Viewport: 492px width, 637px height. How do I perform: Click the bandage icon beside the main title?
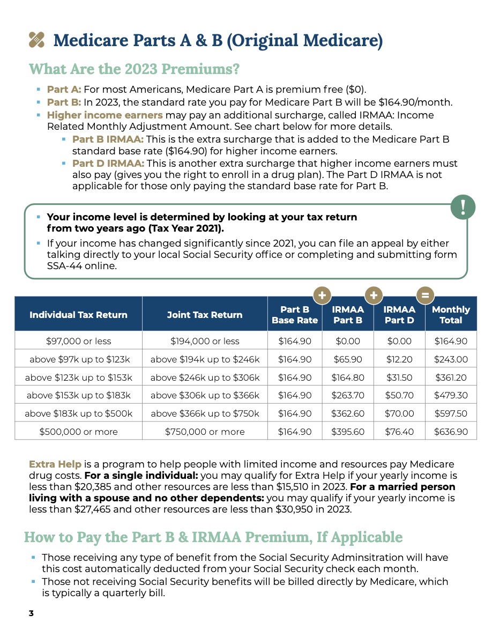pyautogui.click(x=36, y=40)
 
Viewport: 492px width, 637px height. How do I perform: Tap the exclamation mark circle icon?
pyautogui.click(x=463, y=206)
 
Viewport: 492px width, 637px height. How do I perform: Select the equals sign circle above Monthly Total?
pyautogui.click(x=425, y=295)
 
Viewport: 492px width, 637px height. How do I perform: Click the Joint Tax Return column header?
pyautogui.click(x=205, y=315)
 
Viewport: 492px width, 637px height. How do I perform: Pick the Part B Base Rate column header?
pyautogui.click(x=295, y=315)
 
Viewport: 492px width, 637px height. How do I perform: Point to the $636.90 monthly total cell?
pyautogui.click(x=451, y=432)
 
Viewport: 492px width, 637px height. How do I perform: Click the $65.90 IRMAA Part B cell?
pyautogui.click(x=347, y=359)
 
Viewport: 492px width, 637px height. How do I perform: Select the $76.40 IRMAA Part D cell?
pyautogui.click(x=399, y=432)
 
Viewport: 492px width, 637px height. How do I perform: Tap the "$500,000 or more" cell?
pyautogui.click(x=79, y=432)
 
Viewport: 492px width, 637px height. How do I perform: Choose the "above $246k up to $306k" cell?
pyautogui.click(x=205, y=377)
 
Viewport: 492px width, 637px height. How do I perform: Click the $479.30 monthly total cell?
pyautogui.click(x=451, y=396)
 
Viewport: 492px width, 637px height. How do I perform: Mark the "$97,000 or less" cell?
pyautogui.click(x=79, y=341)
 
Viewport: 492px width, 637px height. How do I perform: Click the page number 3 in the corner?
pyautogui.click(x=31, y=613)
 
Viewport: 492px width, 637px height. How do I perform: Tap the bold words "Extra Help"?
pyautogui.click(x=55, y=464)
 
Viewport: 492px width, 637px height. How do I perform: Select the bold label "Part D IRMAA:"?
pyautogui.click(x=108, y=163)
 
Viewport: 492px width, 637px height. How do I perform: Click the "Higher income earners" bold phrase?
pyautogui.click(x=105, y=115)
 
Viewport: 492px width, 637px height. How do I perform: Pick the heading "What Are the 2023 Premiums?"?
pyautogui.click(x=134, y=69)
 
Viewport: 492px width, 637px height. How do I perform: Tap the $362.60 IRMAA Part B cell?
pyautogui.click(x=347, y=413)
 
